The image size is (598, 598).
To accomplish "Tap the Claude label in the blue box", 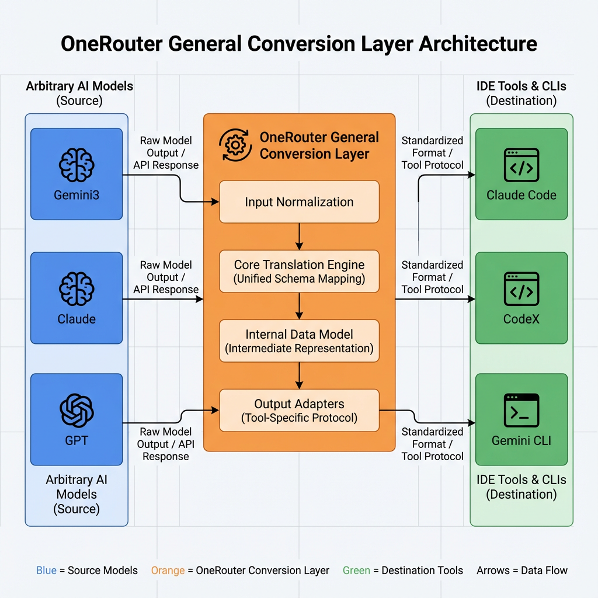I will [77, 319].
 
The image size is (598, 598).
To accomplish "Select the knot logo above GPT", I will [77, 411].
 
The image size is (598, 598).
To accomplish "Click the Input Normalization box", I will [299, 202].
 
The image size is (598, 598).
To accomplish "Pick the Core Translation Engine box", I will [299, 272].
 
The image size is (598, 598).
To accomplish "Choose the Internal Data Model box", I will [299, 341].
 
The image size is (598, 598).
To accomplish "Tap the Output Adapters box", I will [299, 411].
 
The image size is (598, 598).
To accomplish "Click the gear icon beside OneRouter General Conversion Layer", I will [235, 145].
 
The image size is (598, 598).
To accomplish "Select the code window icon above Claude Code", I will [521, 165].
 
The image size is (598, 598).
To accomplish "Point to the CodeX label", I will [521, 319].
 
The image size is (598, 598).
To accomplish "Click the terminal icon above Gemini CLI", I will [521, 410].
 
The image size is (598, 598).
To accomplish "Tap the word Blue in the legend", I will [47, 571].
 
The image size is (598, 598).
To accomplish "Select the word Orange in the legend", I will [168, 571].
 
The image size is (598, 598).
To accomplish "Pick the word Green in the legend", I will [356, 571].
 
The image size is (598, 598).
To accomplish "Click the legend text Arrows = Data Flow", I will [521, 571].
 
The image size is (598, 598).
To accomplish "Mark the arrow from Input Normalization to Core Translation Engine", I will [299, 237].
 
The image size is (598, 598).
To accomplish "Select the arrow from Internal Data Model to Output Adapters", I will [299, 376].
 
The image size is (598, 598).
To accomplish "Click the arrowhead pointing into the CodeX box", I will [472, 299].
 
